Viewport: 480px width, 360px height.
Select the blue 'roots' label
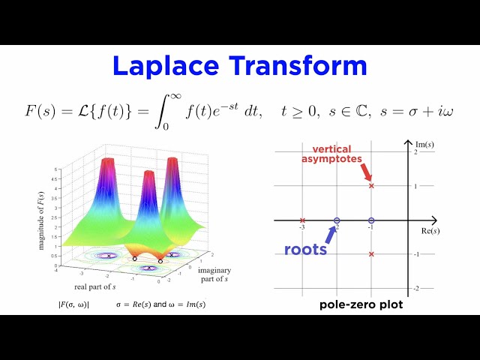point(305,249)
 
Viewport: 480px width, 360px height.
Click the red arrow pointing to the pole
point(366,173)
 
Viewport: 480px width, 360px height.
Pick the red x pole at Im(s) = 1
point(371,185)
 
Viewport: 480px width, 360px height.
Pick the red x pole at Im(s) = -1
point(371,254)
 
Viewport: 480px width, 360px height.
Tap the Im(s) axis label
point(424,142)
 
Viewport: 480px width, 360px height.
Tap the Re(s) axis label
point(430,230)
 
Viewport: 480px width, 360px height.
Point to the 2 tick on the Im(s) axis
point(415,152)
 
